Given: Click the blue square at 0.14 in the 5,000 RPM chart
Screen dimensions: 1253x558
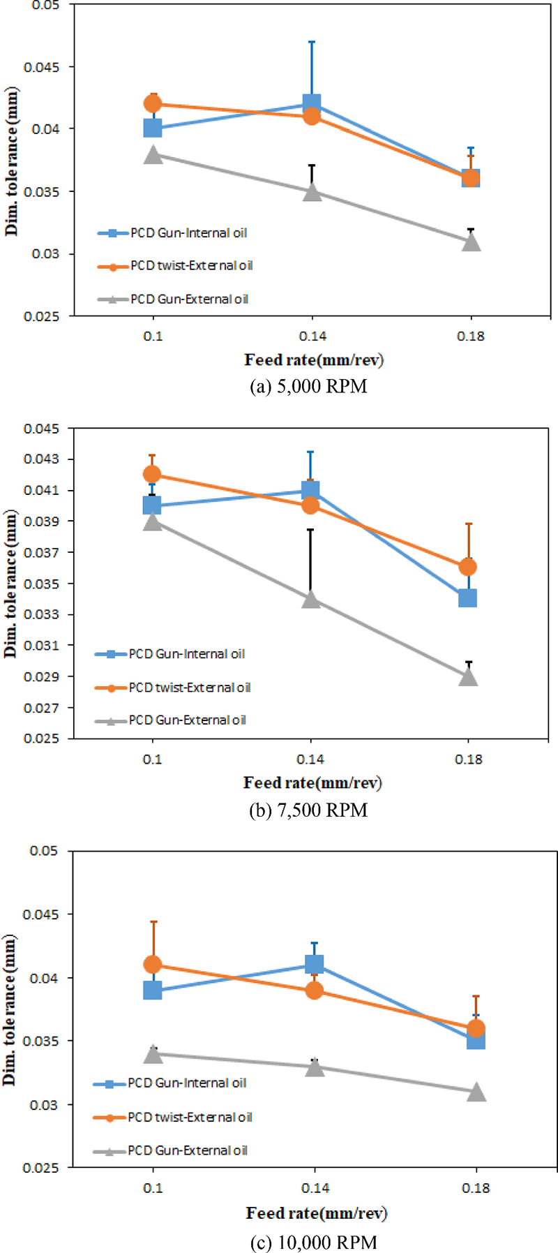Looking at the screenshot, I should coord(312,104).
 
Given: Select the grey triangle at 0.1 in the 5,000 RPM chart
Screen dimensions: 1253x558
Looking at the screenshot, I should coord(153,155).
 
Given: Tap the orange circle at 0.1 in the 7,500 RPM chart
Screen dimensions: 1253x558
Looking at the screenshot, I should coord(152,475).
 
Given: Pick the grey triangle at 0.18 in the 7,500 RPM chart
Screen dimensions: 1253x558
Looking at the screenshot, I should coord(468,677).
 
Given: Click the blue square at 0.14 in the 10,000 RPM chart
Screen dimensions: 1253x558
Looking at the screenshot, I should coord(315,965).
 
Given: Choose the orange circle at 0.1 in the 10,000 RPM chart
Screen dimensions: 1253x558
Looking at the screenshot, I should coord(153,965).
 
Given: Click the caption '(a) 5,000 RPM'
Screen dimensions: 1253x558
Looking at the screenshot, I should coord(308,386).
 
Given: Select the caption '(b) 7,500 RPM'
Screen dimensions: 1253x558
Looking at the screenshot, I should coord(308,810).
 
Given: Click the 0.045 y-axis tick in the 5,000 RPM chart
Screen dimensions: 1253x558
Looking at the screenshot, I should coord(43,67).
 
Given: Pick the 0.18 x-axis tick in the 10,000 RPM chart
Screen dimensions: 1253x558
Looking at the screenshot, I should coord(476,1188).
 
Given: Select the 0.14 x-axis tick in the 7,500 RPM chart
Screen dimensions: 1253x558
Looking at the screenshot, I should coord(310,759).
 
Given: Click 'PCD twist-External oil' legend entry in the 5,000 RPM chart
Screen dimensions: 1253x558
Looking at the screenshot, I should coord(191,266).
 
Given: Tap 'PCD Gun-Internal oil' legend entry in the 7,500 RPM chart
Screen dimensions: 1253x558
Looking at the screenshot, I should coord(186,654).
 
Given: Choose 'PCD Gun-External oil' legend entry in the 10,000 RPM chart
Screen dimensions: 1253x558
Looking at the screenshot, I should coord(187,1150).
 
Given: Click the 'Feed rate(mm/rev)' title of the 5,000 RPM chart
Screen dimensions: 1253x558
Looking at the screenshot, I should coord(314,360).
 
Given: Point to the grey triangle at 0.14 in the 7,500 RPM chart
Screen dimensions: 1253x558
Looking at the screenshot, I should coord(311,600).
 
